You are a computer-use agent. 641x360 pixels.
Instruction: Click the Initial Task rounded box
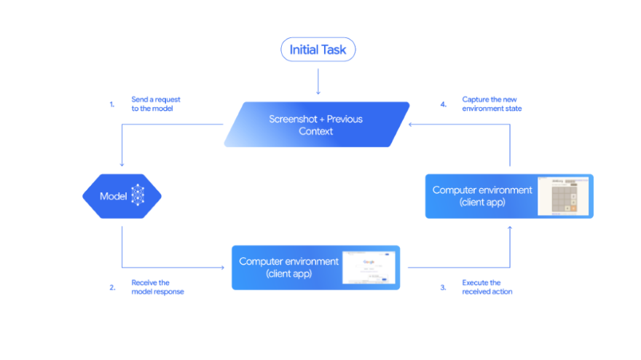(318, 50)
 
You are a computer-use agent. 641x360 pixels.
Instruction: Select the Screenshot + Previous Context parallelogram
(316, 125)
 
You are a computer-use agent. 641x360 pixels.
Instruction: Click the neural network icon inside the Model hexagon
(138, 196)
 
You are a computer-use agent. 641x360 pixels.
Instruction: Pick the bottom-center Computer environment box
(315, 267)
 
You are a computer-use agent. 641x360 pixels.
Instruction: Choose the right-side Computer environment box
(509, 196)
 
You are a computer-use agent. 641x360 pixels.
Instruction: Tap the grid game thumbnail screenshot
(563, 196)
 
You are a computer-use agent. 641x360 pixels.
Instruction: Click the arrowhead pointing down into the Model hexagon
(122, 165)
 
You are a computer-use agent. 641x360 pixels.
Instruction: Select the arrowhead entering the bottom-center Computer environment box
(222, 267)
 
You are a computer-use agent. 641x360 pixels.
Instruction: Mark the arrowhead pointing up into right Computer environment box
(510, 228)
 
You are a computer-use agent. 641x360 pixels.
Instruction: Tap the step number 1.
(112, 104)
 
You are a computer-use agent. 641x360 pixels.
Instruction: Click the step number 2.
(112, 287)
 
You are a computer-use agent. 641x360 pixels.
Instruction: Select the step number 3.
(443, 287)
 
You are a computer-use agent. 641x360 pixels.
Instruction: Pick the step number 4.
(443, 104)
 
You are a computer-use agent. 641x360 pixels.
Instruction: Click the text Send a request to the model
(152, 103)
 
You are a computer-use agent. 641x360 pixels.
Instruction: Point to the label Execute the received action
(487, 287)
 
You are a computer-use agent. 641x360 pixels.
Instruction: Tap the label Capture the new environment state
(492, 103)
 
